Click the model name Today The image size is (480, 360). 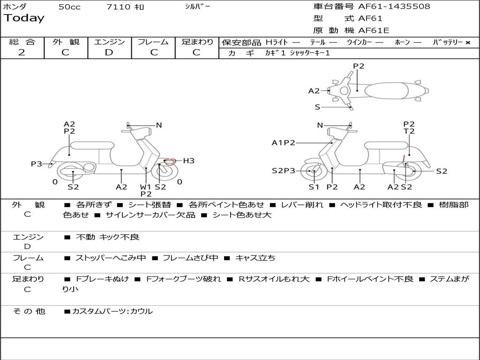click(x=24, y=18)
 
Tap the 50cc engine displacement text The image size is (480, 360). click(x=69, y=7)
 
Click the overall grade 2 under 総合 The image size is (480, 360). click(x=22, y=52)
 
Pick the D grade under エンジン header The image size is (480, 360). click(x=109, y=52)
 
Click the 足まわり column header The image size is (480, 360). click(x=197, y=42)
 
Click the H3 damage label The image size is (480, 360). click(x=188, y=161)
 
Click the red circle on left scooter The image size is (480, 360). click(x=170, y=162)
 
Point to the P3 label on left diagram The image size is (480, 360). click(x=37, y=164)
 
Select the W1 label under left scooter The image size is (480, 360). click(x=146, y=187)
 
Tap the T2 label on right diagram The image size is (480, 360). click(x=409, y=132)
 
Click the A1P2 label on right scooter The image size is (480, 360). click(x=283, y=143)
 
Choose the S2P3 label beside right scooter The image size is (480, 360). click(x=284, y=171)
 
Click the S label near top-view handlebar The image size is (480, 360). click(x=317, y=107)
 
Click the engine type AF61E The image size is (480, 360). click(x=374, y=31)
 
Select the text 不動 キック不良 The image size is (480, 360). click(x=107, y=237)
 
